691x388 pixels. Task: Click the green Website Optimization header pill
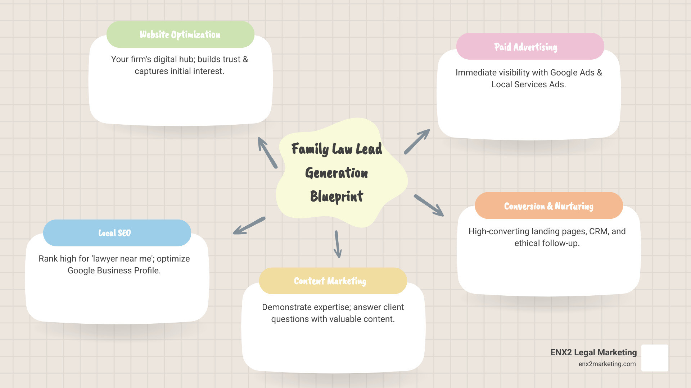180,34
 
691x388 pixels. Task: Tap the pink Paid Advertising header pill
530,47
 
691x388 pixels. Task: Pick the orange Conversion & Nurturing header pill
549,206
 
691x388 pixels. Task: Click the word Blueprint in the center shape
337,197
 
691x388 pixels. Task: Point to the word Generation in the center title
337,173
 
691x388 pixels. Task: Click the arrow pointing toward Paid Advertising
417,142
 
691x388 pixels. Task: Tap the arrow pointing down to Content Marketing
338,244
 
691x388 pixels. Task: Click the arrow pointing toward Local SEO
249,226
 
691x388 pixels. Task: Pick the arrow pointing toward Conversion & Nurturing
429,205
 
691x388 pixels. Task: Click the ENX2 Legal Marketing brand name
593,352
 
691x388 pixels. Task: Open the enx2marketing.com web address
607,364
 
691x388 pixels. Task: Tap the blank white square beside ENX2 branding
655,358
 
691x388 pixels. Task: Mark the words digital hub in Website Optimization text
174,59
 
